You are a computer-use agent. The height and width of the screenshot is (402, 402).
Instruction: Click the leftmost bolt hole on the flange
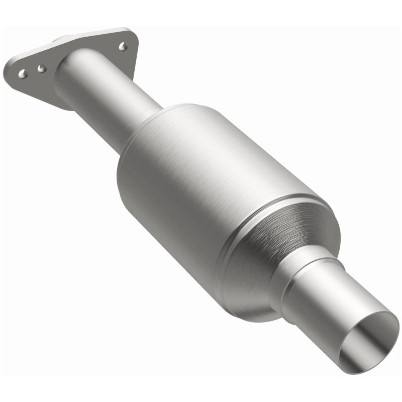(22, 74)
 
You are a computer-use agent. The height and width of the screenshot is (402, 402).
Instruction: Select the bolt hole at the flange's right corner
(123, 46)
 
